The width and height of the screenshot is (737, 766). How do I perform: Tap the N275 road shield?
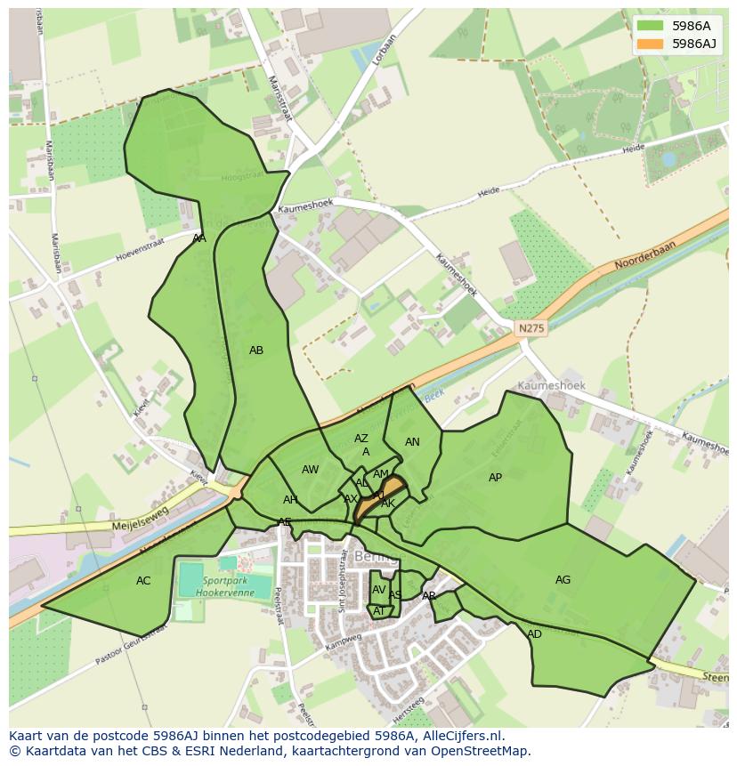coord(531,328)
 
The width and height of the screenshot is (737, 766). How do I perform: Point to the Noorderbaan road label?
coord(645,255)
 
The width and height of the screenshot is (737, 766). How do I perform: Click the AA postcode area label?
coord(199,238)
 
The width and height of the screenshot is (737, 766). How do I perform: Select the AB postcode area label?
coord(256,351)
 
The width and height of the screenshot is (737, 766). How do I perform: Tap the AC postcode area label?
coord(143,581)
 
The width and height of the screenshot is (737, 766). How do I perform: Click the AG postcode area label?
coord(563,580)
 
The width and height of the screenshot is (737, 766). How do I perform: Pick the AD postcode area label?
coord(534,634)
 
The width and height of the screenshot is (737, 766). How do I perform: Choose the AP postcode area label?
coord(495,478)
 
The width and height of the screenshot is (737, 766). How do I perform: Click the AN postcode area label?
coord(412,442)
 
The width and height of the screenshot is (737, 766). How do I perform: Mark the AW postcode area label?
coord(310,470)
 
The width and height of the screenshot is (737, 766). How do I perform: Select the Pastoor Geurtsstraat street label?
coord(132,646)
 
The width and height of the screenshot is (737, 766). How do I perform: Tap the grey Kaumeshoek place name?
coord(552,386)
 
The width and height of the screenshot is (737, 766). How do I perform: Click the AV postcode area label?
coord(379,590)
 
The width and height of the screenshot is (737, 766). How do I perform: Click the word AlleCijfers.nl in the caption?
coord(463,736)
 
